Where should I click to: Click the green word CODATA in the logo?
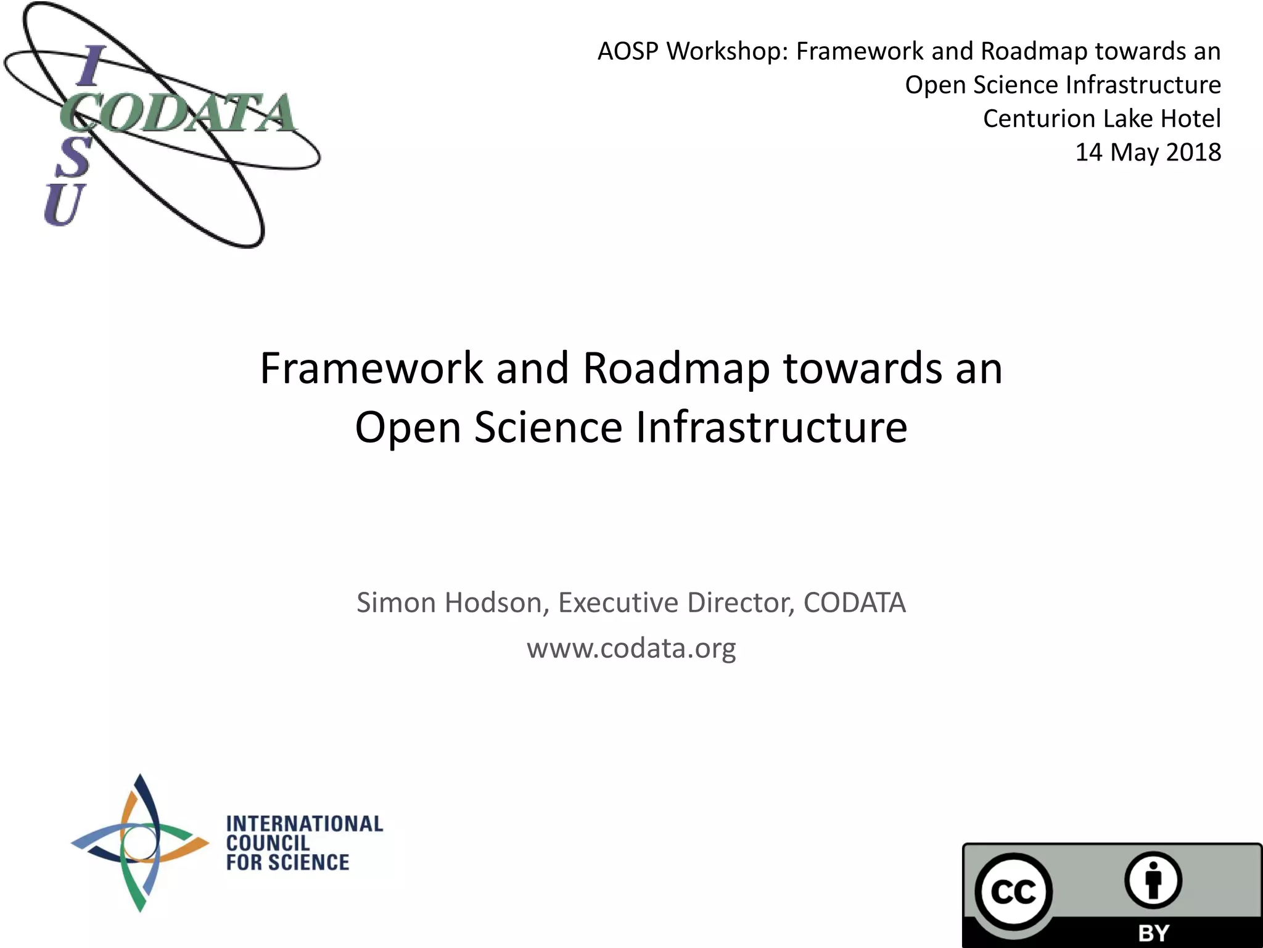coord(179,114)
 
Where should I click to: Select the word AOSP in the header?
coord(628,51)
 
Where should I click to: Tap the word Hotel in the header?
coord(1190,118)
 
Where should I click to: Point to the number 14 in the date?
coord(1088,152)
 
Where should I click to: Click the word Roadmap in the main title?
coord(676,368)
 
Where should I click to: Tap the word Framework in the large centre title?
coord(371,368)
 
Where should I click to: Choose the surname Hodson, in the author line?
coord(497,603)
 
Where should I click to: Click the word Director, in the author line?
coord(740,603)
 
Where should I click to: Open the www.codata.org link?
coord(631,648)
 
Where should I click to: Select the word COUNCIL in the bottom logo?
coord(268,843)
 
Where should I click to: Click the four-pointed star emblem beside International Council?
coord(141,843)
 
